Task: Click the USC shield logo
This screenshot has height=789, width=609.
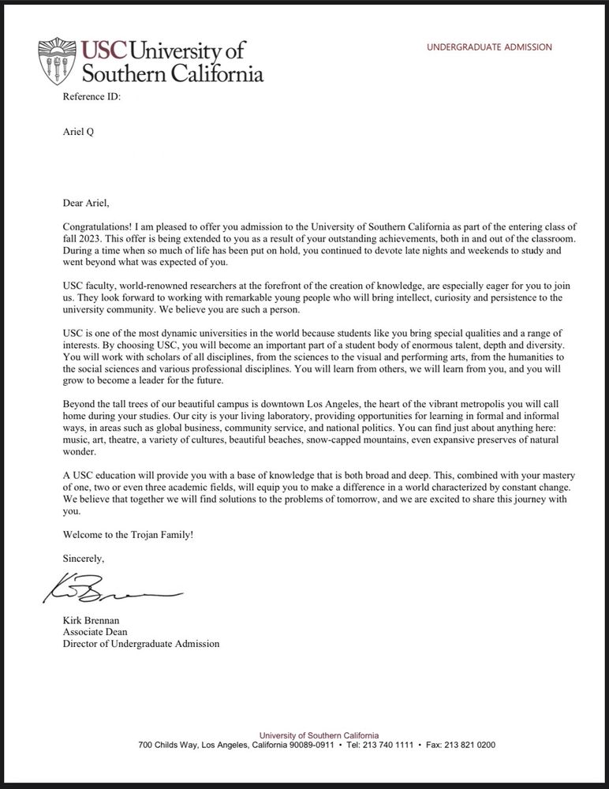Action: (58, 61)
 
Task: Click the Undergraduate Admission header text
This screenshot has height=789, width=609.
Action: (489, 47)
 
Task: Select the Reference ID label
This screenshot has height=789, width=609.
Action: (92, 97)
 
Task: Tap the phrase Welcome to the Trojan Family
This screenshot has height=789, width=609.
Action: (128, 535)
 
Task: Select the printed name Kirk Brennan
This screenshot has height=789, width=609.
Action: (92, 621)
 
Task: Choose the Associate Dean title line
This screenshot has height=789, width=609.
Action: (94, 632)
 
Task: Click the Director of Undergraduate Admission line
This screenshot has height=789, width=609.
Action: (141, 644)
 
